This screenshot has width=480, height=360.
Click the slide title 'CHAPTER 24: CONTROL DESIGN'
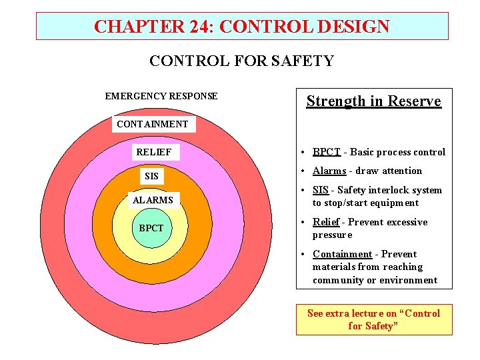coord(242,27)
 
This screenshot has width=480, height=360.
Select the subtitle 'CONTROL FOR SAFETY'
coord(241,61)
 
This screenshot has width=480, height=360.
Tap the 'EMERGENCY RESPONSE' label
coord(161,96)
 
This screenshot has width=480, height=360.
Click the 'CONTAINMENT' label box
coord(153,124)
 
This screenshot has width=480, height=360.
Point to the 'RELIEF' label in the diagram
coord(153,153)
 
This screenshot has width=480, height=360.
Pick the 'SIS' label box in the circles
coord(152,176)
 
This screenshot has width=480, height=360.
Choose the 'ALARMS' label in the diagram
coord(153,200)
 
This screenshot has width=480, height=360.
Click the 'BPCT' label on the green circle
coord(151,228)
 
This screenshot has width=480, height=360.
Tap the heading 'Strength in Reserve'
coord(373,101)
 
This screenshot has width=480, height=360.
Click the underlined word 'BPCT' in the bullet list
coord(327,152)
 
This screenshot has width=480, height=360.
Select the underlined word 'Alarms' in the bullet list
coord(329,171)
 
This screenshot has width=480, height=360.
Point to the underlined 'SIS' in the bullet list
coord(321,190)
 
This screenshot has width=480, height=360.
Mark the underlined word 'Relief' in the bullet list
coord(327,222)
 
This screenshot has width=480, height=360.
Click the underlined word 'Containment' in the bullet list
coord(342,254)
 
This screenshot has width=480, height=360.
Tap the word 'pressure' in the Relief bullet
coord(332,235)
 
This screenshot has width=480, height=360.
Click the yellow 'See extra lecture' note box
coord(373,319)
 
